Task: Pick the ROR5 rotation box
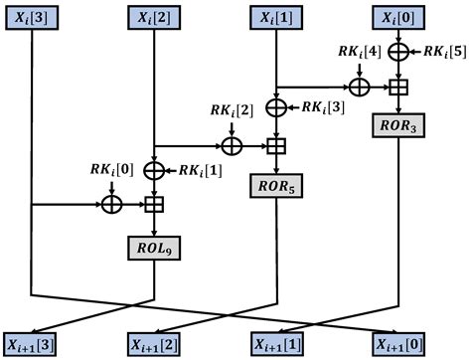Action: click(276, 186)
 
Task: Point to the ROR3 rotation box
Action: click(398, 127)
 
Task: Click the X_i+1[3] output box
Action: click(32, 344)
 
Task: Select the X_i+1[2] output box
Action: click(154, 344)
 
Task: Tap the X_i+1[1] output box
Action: click(276, 344)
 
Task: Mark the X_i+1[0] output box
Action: click(398, 344)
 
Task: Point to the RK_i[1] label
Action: click(203, 170)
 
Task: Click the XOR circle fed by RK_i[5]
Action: click(398, 49)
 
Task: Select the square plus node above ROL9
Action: click(154, 206)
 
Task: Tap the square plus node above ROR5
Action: click(276, 146)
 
